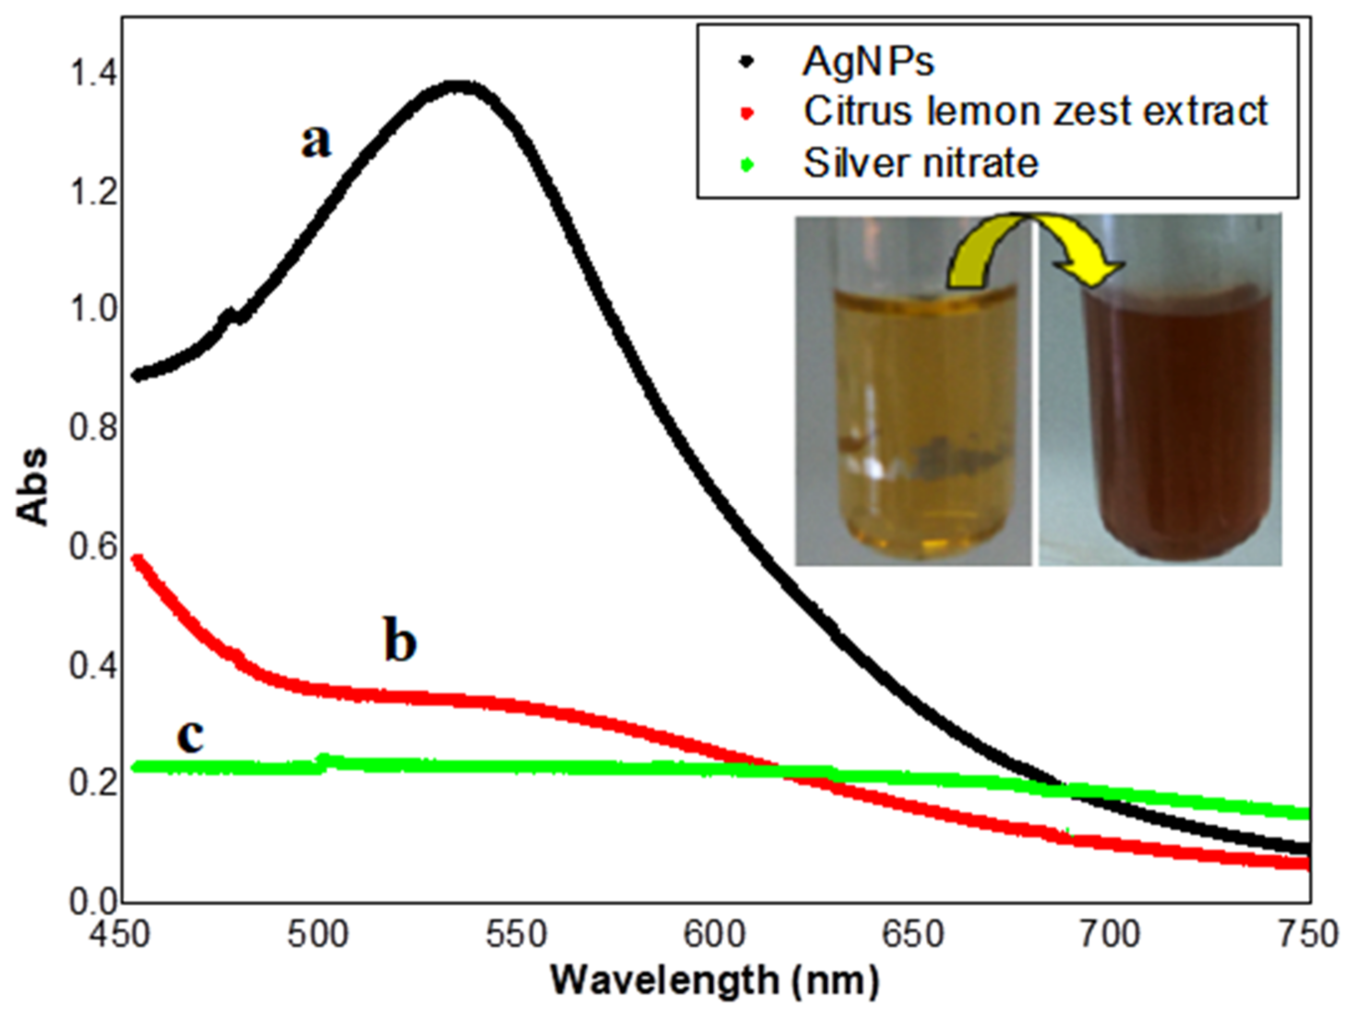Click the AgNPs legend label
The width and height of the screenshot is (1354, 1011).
coord(869,62)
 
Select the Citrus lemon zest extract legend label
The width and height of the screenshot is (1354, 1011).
coord(1035,112)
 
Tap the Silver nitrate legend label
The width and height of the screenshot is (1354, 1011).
coord(920,163)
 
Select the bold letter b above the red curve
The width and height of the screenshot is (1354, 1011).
coord(400,641)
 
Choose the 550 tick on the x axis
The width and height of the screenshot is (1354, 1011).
coord(516,935)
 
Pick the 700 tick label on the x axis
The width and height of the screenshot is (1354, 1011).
coord(1109,935)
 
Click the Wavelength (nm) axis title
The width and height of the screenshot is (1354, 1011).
coord(714,980)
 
